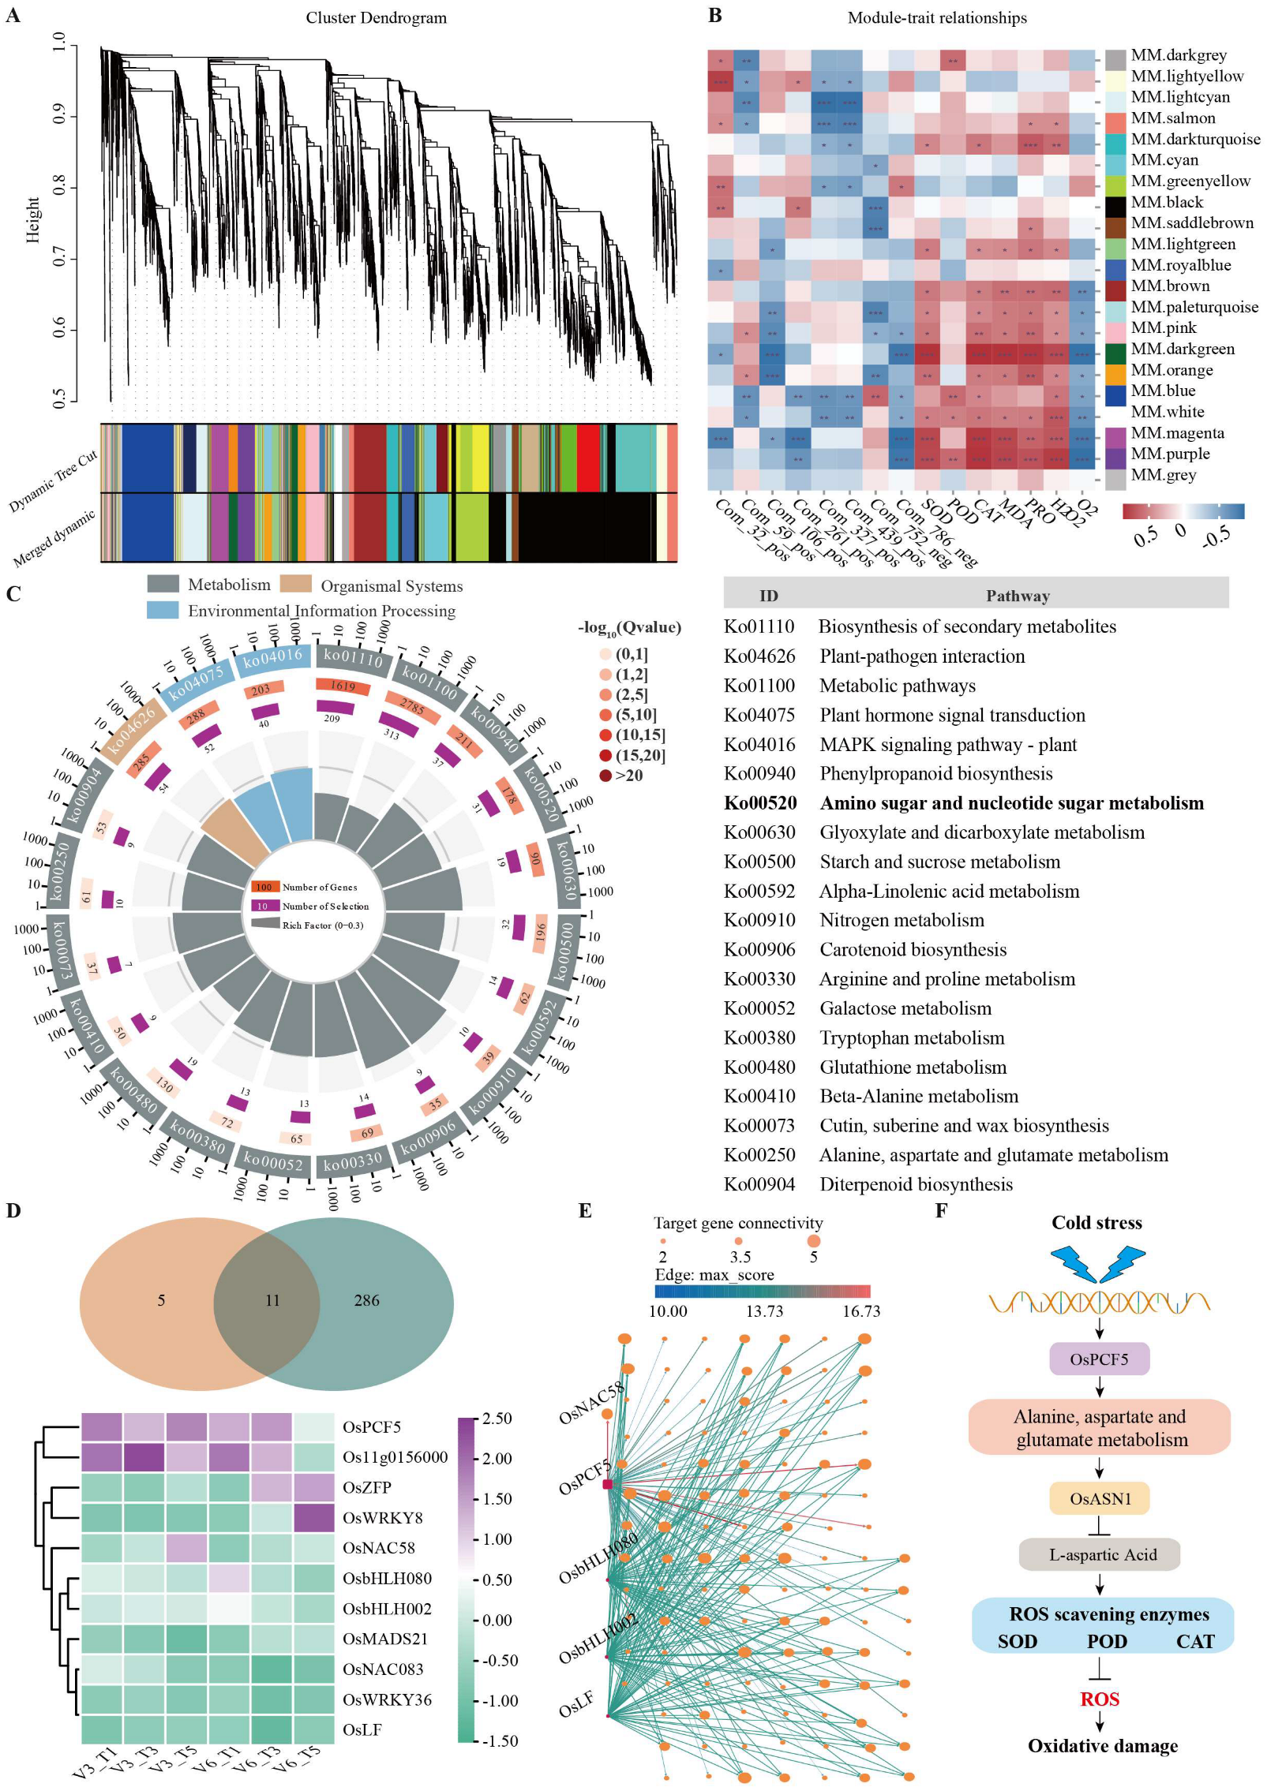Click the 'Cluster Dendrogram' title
(376, 17)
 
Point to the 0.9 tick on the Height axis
(59, 116)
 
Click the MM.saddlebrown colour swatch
(1115, 223)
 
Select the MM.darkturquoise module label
(1195, 139)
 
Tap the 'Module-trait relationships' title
(937, 17)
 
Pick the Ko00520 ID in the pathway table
(760, 803)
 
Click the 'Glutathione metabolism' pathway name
(913, 1067)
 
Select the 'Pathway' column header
(1018, 596)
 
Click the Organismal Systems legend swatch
(296, 585)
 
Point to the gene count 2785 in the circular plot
(412, 706)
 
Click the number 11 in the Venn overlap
(272, 1300)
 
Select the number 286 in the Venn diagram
(366, 1300)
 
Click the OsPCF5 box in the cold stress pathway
(1099, 1359)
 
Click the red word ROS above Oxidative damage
(1100, 1699)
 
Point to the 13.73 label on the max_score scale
(764, 1311)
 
